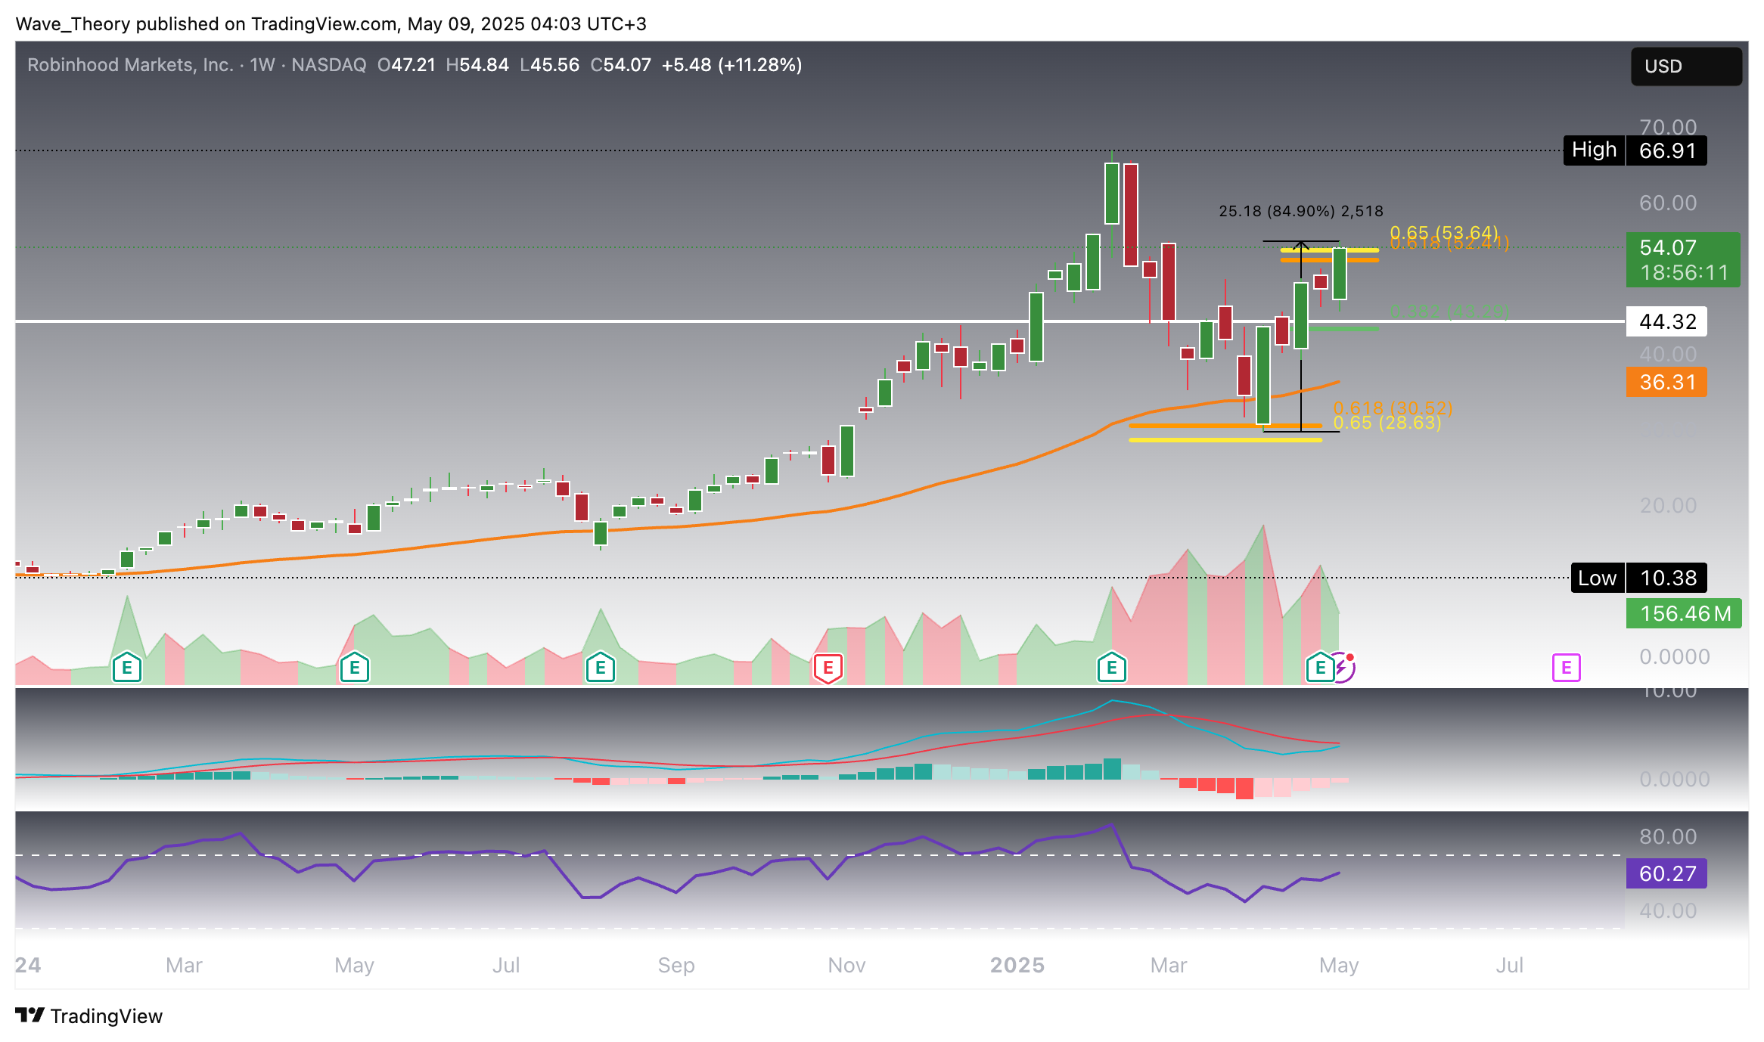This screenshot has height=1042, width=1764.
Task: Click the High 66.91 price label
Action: coord(1635,150)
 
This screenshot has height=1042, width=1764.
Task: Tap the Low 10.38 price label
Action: coord(1638,578)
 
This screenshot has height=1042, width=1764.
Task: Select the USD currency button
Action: coord(1685,67)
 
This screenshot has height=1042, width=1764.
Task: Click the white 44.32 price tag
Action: coord(1666,321)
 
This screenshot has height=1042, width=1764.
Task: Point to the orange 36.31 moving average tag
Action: coord(1666,382)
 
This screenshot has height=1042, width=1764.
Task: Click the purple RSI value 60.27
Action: coord(1666,873)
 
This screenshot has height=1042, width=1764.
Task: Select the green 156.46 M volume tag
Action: coord(1684,613)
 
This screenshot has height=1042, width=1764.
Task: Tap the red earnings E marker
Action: coord(828,668)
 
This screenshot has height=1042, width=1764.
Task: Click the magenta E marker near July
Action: coord(1566,668)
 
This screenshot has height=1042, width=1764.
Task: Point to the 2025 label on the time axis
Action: coord(1017,965)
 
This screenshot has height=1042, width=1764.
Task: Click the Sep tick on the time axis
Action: coord(676,965)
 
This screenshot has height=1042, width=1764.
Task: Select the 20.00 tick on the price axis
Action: coord(1668,505)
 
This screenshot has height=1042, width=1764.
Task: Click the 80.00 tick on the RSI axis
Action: coord(1668,836)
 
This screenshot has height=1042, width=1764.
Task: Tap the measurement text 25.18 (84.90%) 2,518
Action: coord(1300,211)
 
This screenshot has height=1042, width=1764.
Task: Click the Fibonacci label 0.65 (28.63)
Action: coord(1387,423)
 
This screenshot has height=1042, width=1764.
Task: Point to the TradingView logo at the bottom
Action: coord(89,1016)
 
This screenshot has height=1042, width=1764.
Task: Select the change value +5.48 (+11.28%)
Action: coord(731,65)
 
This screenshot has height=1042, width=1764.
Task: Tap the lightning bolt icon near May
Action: coord(1342,668)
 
